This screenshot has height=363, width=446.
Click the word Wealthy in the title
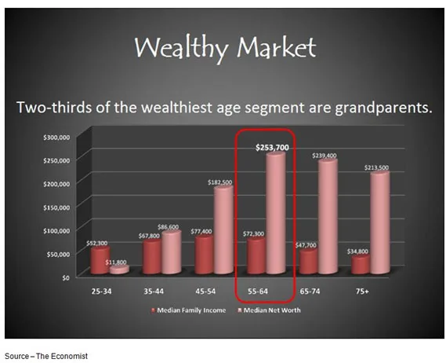tap(181, 47)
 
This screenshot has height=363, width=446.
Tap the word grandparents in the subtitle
tap(383, 108)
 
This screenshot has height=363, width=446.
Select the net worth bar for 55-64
tap(276, 213)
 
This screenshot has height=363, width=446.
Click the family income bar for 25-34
tap(100, 260)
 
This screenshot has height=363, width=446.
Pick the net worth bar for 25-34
tap(119, 269)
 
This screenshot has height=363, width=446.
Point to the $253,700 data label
tap(272, 148)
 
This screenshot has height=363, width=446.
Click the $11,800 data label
tap(116, 262)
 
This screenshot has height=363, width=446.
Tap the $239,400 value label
tap(325, 156)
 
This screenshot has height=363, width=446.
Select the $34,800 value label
tap(357, 251)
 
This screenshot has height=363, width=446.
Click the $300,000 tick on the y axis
tap(56, 137)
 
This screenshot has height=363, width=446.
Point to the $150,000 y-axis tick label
tap(56, 207)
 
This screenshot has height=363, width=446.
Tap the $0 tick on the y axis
tap(66, 277)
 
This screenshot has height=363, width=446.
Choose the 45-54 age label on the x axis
tap(205, 291)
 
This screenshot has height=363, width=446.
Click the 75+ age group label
tap(362, 291)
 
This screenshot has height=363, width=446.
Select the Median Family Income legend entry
tap(188, 310)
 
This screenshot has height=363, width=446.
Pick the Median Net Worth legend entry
tap(269, 310)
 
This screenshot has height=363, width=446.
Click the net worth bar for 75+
tap(380, 222)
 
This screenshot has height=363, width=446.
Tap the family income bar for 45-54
tap(205, 255)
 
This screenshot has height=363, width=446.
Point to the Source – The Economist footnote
tap(46, 356)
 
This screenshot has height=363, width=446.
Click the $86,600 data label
tap(168, 227)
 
